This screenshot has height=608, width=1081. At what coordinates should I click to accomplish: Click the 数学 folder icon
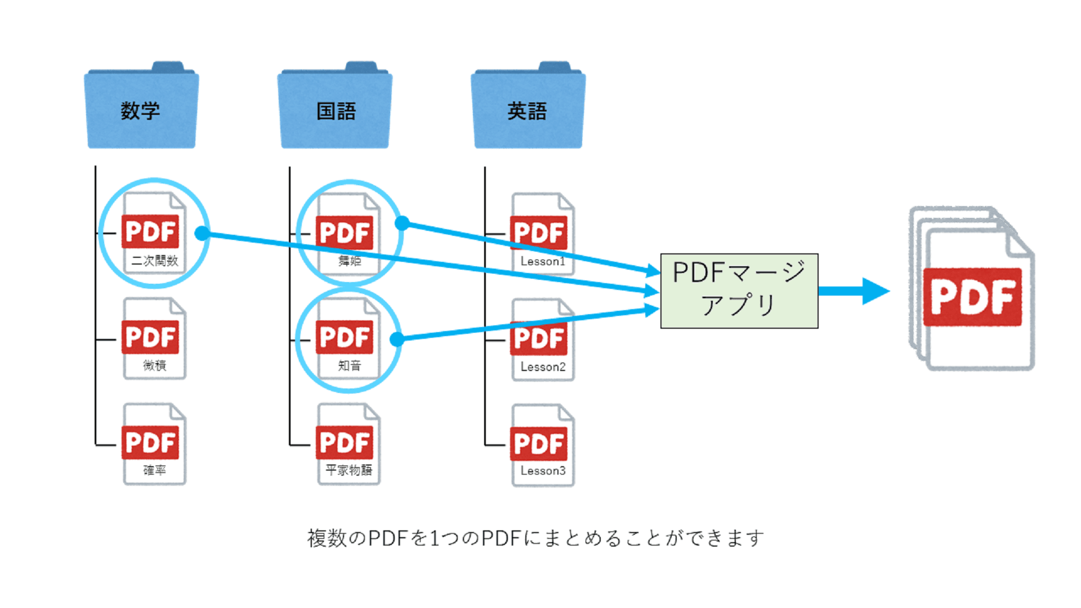(141, 107)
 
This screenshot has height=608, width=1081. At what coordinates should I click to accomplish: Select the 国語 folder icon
(335, 107)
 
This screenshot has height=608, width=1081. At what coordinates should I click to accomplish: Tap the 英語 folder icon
(528, 107)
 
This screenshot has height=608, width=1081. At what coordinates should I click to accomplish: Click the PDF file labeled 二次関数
(153, 233)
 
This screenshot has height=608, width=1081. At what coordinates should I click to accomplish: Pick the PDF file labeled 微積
(153, 338)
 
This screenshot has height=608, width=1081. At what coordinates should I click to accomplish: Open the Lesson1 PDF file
(542, 234)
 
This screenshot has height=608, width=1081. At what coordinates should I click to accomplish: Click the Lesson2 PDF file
(542, 339)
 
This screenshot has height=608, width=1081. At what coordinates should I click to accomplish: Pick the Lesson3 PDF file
(542, 445)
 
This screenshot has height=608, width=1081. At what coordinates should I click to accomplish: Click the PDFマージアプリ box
(739, 290)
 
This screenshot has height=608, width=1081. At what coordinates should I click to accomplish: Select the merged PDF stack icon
(973, 289)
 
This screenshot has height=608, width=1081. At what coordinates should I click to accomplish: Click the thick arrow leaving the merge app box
(853, 291)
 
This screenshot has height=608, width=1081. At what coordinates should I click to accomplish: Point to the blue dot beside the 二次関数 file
(202, 233)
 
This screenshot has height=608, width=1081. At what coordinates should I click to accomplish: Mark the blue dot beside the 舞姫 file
(402, 223)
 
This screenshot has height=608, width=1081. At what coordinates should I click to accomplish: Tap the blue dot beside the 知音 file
(397, 339)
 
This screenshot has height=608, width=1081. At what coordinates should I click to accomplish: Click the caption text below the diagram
(535, 538)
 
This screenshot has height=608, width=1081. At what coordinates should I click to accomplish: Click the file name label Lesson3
(543, 471)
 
